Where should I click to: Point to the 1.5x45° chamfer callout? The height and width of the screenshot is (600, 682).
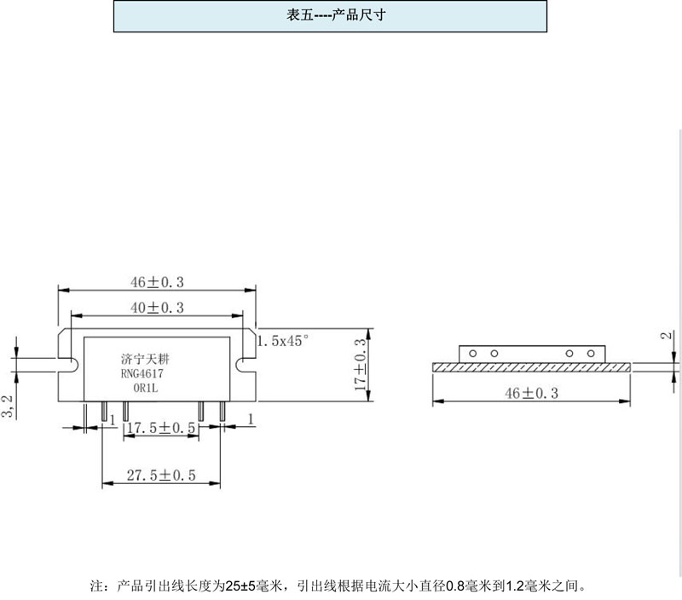click(x=282, y=341)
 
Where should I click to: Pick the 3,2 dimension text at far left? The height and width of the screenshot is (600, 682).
click(x=9, y=406)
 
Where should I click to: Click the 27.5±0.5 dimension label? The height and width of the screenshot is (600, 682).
click(x=162, y=476)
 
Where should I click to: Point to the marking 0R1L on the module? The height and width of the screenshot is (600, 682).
click(x=147, y=388)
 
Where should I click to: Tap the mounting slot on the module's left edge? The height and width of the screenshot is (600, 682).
click(x=68, y=365)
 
